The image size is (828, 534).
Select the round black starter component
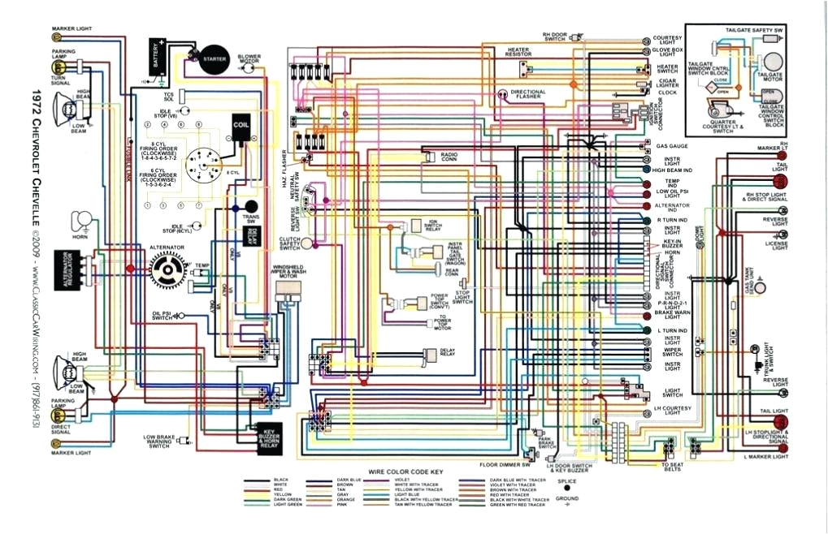(214, 58)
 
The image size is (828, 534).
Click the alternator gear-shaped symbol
(170, 267)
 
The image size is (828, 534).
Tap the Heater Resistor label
(518, 51)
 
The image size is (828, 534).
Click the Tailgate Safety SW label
(754, 30)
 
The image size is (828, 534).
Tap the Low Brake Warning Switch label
(159, 441)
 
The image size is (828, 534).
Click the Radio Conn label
(449, 156)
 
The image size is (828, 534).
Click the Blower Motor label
(249, 59)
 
